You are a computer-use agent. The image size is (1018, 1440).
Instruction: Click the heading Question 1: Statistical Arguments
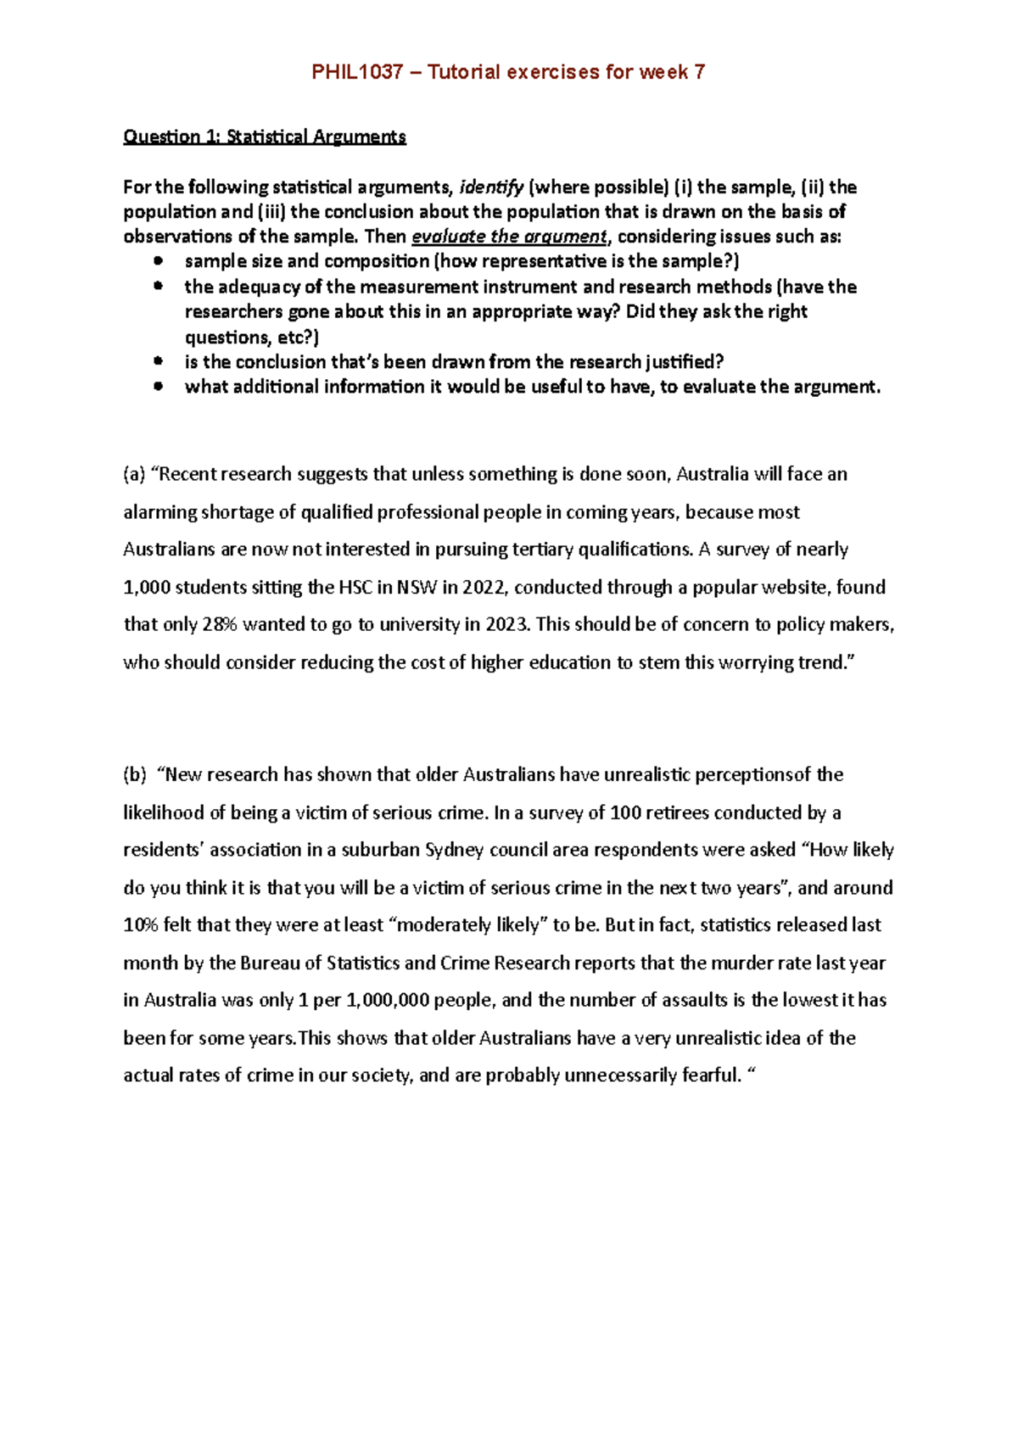pyautogui.click(x=265, y=137)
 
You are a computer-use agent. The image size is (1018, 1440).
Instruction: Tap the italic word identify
pyautogui.click(x=491, y=187)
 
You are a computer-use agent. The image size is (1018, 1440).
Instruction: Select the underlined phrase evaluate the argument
pyautogui.click(x=509, y=237)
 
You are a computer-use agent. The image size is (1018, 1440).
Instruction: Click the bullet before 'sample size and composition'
pyautogui.click(x=158, y=261)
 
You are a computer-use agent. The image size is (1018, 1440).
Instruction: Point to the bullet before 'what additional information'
pyautogui.click(x=158, y=387)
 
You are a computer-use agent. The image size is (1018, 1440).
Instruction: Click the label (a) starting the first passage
pyautogui.click(x=134, y=474)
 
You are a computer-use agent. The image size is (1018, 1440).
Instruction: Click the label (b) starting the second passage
pyautogui.click(x=135, y=774)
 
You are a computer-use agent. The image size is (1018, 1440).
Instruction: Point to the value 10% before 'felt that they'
pyautogui.click(x=141, y=925)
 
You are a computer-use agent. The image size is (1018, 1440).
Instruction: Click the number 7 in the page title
pyautogui.click(x=699, y=72)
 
